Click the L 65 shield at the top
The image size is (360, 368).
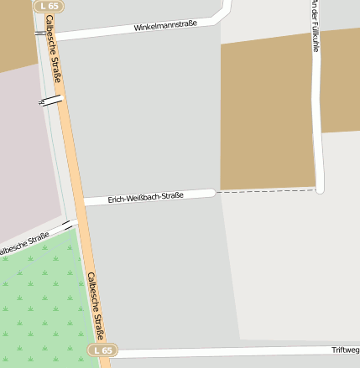[x=48, y=6]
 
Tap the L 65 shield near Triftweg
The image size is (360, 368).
[x=102, y=350]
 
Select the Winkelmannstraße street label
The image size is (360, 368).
[x=165, y=26]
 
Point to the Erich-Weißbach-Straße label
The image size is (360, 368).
[x=145, y=198]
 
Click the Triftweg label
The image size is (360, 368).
[x=345, y=350]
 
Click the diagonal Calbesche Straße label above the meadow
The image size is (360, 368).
[x=23, y=245]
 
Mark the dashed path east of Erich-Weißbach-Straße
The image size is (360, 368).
[x=264, y=192]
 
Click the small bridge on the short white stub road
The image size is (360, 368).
[x=51, y=101]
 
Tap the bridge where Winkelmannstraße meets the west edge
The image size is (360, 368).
[x=40, y=34]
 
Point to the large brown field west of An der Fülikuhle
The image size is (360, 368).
[x=267, y=113]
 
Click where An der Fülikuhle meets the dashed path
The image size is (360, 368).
[x=319, y=189]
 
